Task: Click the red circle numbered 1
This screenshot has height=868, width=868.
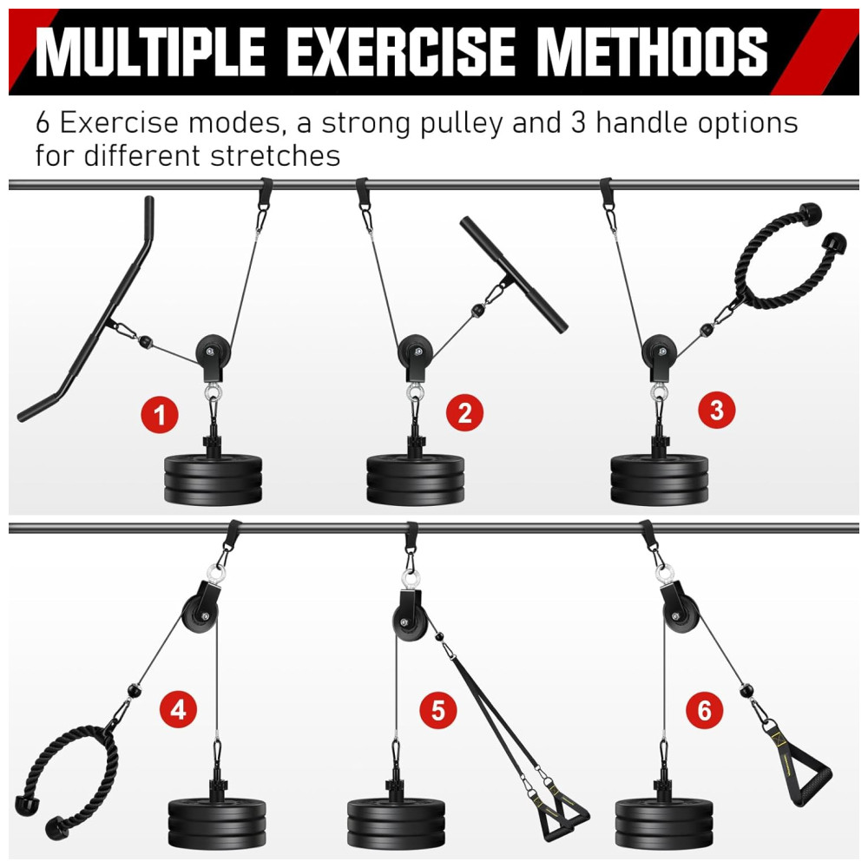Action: click(x=160, y=415)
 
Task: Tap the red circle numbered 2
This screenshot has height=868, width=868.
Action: click(x=464, y=413)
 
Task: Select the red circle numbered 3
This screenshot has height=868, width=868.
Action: click(x=717, y=411)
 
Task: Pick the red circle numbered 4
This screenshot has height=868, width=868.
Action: click(x=178, y=709)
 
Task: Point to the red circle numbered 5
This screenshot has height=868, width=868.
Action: click(x=437, y=710)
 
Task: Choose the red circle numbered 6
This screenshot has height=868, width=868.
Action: click(x=704, y=710)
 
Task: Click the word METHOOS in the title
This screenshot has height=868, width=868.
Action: click(x=652, y=51)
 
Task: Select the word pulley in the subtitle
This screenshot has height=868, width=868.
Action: click(x=462, y=123)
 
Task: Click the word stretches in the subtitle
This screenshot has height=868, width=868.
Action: click(x=275, y=155)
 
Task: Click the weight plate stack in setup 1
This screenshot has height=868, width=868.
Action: click(x=214, y=479)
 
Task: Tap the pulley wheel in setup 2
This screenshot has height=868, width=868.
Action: click(x=415, y=352)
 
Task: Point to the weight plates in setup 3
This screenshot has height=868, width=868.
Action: click(x=660, y=479)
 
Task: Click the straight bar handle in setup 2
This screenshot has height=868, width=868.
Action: click(x=514, y=274)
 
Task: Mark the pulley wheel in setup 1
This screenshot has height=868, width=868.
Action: click(x=214, y=352)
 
